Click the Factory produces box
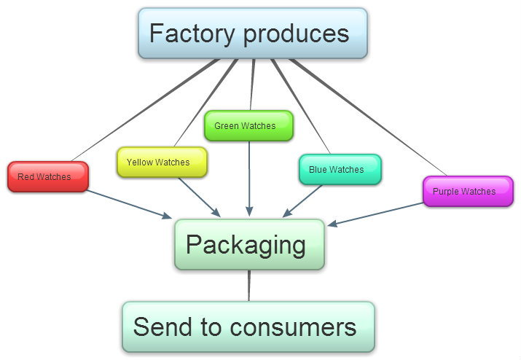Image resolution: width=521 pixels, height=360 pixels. (x=252, y=34)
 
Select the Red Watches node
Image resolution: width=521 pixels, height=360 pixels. (x=47, y=177)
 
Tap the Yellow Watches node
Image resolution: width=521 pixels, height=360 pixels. (x=162, y=163)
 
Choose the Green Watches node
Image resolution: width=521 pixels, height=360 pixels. (x=248, y=126)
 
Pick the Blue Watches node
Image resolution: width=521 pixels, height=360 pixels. (x=340, y=170)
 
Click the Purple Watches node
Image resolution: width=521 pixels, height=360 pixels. (x=468, y=192)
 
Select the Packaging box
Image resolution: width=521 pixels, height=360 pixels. (x=249, y=245)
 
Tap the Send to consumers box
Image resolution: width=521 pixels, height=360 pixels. (x=248, y=327)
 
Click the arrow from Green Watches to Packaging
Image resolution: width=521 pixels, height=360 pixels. (x=249, y=179)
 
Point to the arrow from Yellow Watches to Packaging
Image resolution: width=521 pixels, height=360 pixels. (x=198, y=196)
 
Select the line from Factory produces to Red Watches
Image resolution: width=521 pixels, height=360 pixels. (x=146, y=110)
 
